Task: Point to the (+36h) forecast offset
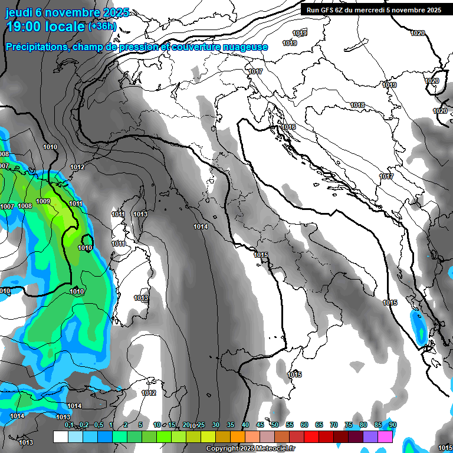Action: [102, 27]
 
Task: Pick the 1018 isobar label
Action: [357, 105]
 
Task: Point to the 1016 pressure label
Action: [288, 127]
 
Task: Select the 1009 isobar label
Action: [43, 202]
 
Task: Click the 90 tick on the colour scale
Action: [393, 425]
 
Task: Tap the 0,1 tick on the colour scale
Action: [68, 425]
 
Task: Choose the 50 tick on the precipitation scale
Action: [275, 425]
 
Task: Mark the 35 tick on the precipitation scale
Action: [231, 425]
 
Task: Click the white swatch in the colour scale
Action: [60, 437]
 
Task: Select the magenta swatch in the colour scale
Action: [385, 437]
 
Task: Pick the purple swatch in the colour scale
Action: [370, 437]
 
